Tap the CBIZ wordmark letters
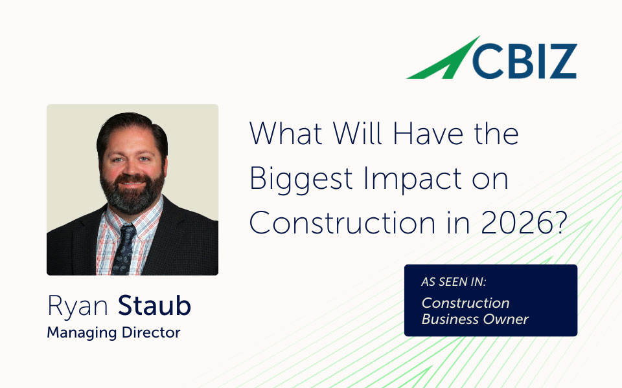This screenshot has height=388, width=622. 524,61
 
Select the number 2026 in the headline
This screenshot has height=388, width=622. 516,223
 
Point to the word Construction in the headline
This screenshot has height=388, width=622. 342,223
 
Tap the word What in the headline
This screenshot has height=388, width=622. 286,133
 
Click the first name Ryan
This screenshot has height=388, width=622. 78,307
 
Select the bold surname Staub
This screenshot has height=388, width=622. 155,306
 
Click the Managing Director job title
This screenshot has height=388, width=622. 114,332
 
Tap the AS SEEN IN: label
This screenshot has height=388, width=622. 454,282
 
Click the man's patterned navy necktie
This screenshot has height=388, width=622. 124,250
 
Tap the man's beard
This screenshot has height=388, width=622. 132,193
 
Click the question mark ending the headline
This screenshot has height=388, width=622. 559,222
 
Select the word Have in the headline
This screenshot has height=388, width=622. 428,133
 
